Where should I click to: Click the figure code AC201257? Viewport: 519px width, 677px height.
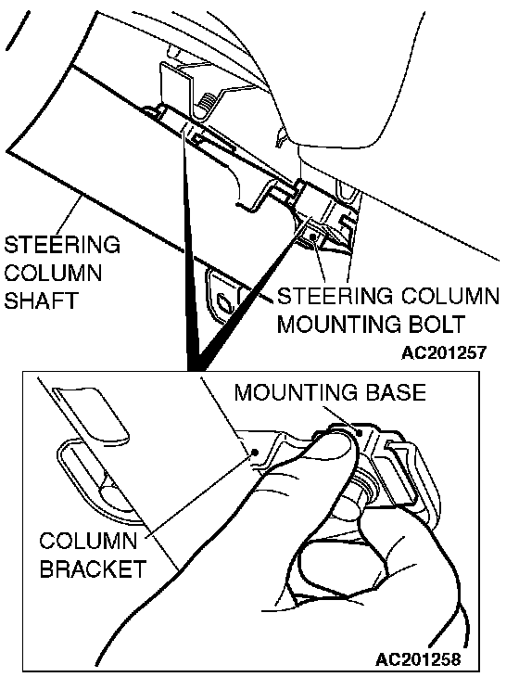(x=444, y=352)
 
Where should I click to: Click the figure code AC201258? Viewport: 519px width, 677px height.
(x=418, y=659)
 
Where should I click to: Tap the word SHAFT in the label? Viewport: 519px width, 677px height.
(x=42, y=300)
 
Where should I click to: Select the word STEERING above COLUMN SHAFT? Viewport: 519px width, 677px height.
(x=62, y=245)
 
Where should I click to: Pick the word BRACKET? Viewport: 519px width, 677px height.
(x=94, y=568)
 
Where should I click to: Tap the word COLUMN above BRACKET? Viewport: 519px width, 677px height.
(x=88, y=541)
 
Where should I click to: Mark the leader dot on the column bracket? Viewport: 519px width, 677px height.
(x=255, y=452)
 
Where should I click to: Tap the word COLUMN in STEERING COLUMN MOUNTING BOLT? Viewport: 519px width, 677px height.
(x=450, y=297)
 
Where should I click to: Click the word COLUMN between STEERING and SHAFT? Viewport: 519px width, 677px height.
(x=53, y=273)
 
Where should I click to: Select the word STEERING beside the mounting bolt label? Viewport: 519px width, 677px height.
(x=335, y=297)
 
